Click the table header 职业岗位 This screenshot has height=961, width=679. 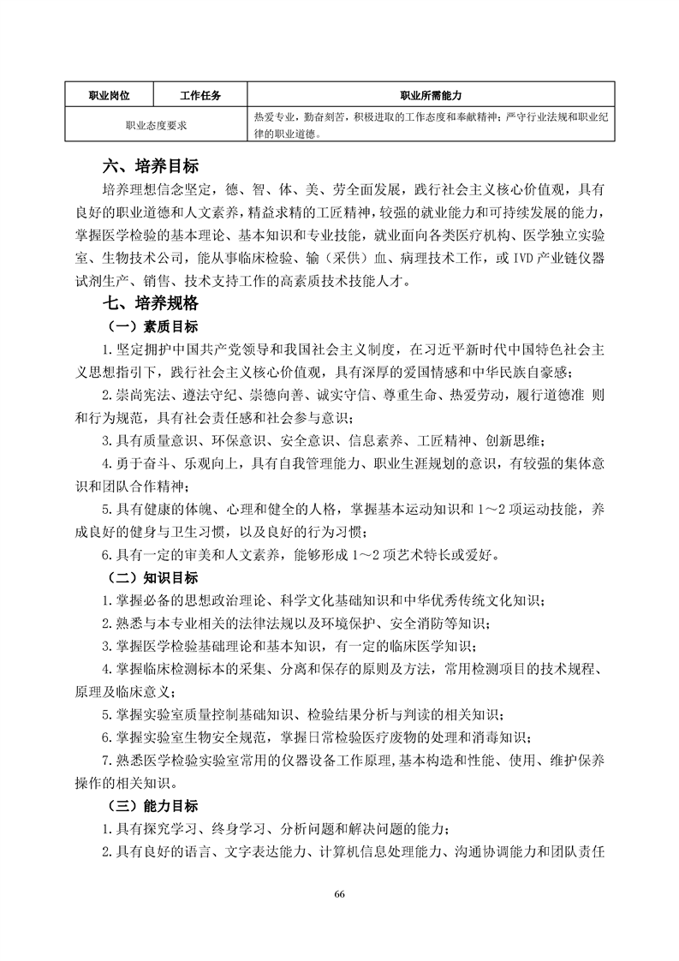tap(109, 94)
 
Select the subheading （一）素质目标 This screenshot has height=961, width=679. tap(150, 327)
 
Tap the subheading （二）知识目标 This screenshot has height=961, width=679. tap(150, 577)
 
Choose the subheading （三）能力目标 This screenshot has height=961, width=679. tap(150, 806)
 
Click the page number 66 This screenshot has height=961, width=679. tap(339, 894)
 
